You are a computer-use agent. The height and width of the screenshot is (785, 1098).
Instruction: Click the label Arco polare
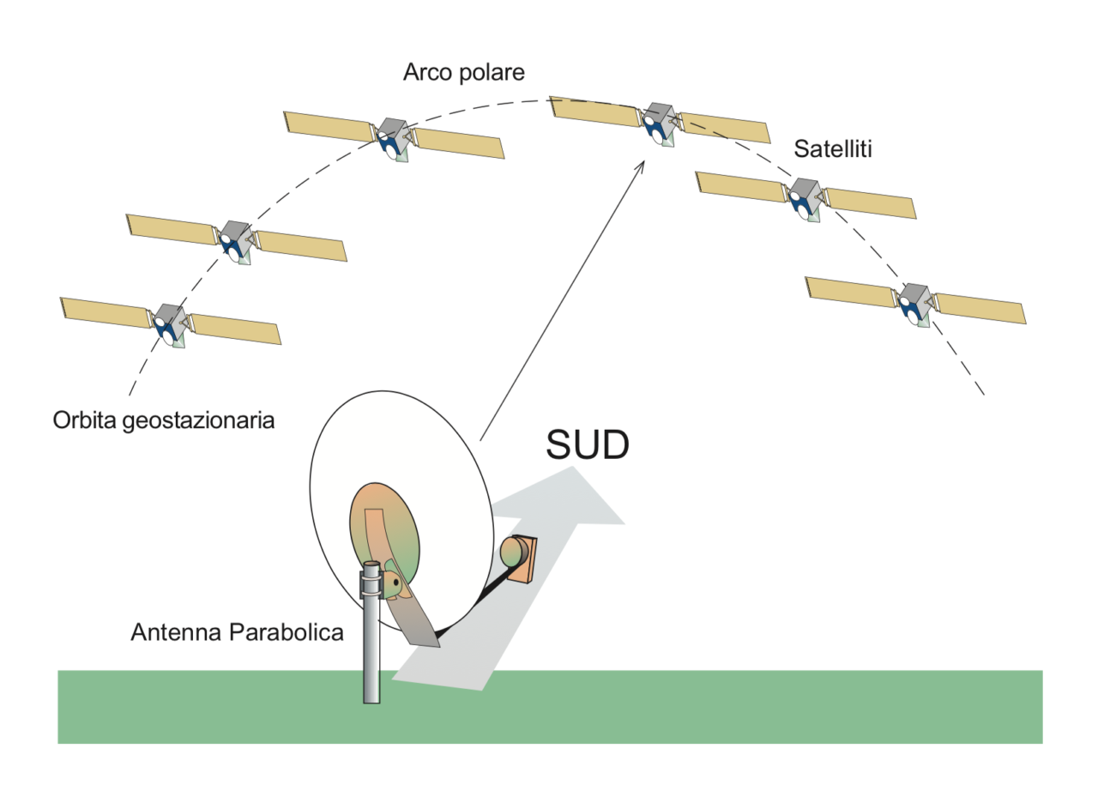(464, 73)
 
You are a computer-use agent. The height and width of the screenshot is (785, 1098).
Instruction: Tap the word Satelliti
(833, 149)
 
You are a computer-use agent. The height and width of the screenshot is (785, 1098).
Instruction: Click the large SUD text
(588, 445)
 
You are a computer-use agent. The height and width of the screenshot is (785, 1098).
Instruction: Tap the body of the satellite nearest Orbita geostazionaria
(169, 323)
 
